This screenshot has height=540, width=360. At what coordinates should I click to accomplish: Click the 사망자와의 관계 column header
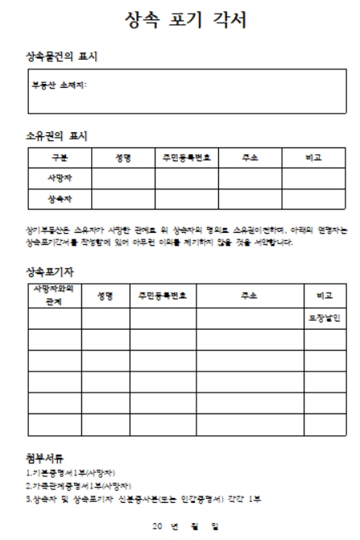tap(55, 294)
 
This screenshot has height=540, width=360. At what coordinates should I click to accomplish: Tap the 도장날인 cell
tap(325, 318)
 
